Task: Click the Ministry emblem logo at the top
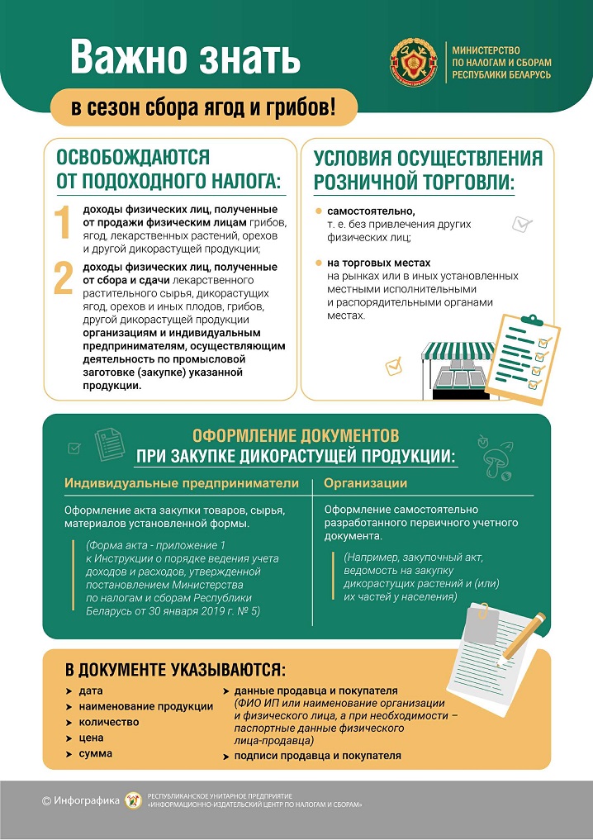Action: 414,62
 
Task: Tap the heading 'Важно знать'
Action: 185,59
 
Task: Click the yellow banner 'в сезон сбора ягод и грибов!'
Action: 202,107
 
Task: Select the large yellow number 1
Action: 63,225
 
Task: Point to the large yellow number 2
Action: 64,278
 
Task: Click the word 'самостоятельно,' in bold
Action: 371,211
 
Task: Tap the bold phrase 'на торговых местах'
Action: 379,263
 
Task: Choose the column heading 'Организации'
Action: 365,483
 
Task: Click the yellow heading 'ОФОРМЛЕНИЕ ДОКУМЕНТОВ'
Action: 296,435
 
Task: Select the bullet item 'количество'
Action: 108,722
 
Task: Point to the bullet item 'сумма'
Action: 96,753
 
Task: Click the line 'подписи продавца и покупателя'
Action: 317,755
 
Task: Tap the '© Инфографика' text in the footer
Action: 80,800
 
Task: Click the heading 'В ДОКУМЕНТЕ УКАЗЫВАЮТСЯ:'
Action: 176,668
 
